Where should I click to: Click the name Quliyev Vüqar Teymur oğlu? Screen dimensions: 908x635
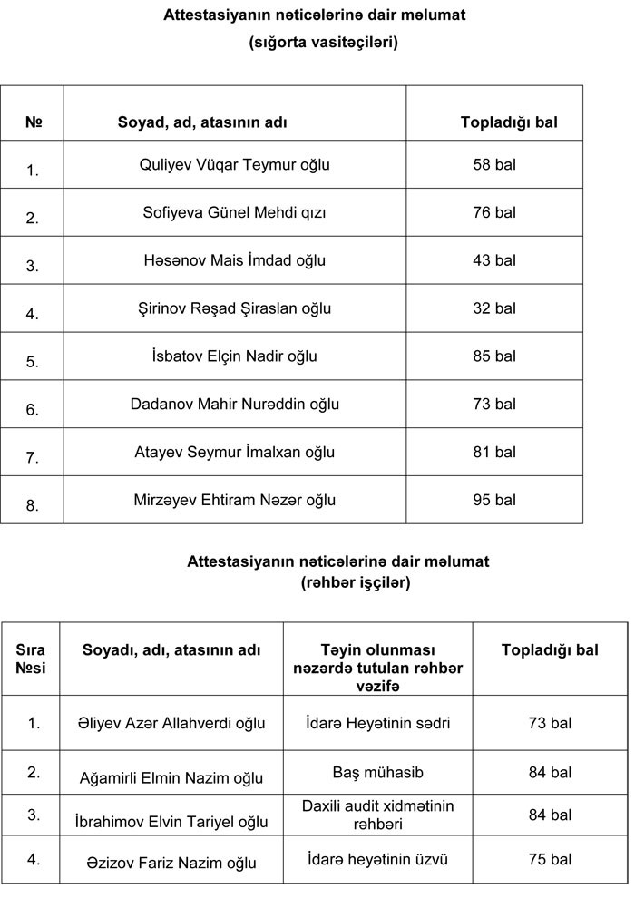(234, 165)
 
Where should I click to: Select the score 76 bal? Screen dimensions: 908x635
(494, 213)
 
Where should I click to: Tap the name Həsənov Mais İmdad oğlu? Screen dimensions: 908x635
(234, 260)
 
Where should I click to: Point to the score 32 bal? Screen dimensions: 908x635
(494, 308)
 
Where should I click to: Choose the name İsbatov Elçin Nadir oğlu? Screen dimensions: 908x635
(234, 356)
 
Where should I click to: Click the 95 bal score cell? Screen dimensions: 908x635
(494, 500)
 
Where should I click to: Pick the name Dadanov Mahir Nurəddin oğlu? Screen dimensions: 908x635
(234, 404)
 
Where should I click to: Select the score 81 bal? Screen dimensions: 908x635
(494, 452)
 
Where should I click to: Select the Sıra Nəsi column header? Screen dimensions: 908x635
(31, 659)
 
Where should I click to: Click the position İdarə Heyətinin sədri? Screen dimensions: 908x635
(378, 723)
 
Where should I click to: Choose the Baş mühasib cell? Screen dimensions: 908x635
(378, 773)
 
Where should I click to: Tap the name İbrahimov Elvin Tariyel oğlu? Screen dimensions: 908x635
(171, 822)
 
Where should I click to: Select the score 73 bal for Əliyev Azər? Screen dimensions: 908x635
(550, 723)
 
